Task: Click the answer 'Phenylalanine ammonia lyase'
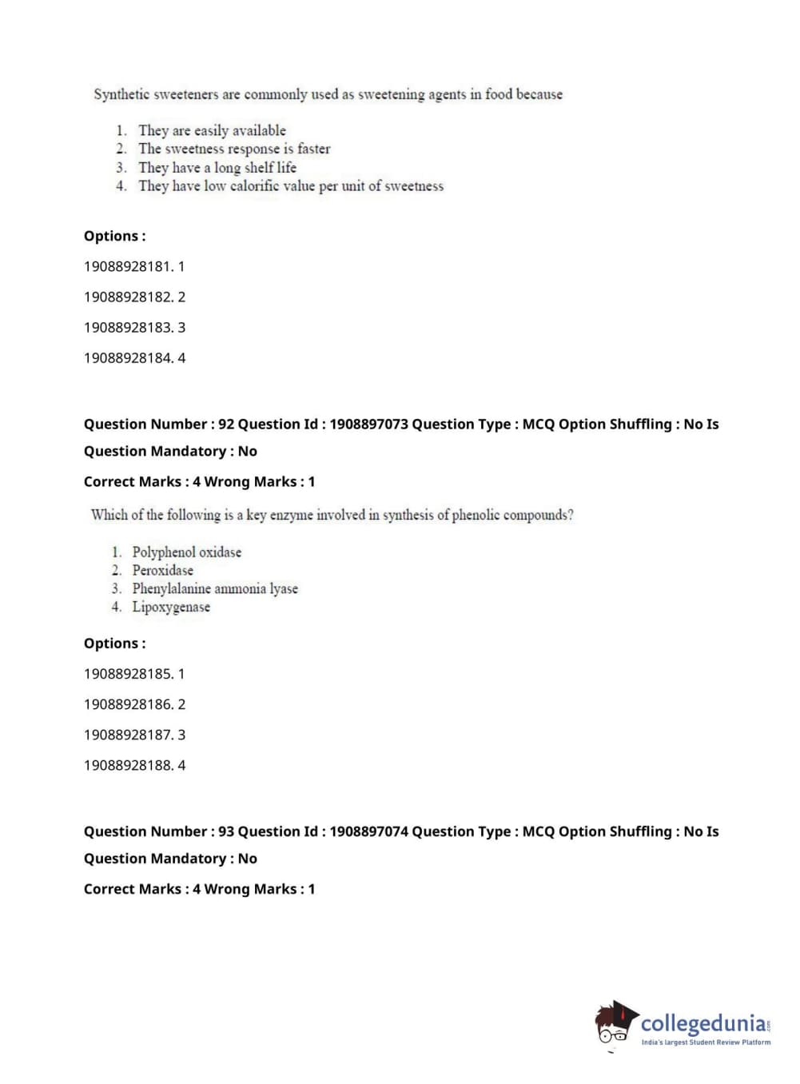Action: pos(214,588)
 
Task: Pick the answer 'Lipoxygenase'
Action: pos(171,607)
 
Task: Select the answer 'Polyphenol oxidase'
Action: pos(186,552)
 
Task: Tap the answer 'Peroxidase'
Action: pos(162,570)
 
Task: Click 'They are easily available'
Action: pos(212,130)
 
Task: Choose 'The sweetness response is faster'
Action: pos(233,149)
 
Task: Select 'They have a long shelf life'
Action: pos(217,167)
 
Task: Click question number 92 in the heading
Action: pos(226,424)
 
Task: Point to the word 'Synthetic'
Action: pos(121,94)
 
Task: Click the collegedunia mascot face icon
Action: pos(615,1023)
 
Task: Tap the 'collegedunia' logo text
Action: pos(702,1022)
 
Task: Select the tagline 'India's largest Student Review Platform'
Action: pos(706,1042)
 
